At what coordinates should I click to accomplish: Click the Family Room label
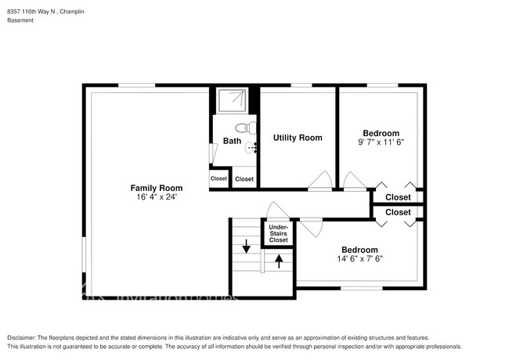[156, 188]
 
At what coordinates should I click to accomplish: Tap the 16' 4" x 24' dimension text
[156, 197]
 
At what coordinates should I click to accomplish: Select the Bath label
[232, 141]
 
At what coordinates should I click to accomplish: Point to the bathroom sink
[251, 147]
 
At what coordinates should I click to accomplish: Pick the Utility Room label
[297, 138]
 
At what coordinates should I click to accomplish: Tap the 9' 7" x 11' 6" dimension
[381, 142]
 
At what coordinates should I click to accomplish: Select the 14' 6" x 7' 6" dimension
[359, 258]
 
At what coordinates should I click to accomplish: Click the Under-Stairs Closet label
[278, 233]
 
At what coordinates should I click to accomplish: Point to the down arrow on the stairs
[247, 248]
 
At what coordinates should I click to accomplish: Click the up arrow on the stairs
[278, 261]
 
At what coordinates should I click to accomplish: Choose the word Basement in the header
[21, 21]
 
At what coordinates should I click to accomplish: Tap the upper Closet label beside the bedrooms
[398, 197]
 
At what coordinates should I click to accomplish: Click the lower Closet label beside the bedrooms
[398, 212]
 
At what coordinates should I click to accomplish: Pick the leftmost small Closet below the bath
[218, 178]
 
